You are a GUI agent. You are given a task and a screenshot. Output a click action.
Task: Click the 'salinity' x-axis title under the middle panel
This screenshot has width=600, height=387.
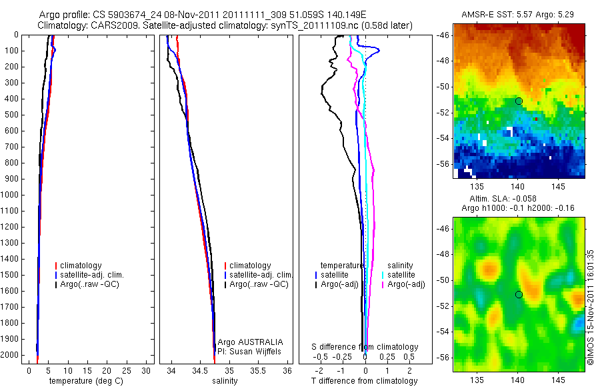pyautogui.click(x=223, y=381)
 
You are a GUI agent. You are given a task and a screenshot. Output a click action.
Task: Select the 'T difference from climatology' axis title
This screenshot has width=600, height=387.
pyautogui.click(x=365, y=381)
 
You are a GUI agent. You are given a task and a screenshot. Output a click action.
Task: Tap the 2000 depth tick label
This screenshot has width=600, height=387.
pyautogui.click(x=11, y=356)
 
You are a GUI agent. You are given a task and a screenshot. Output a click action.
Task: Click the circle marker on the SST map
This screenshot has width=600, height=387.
pyautogui.click(x=519, y=101)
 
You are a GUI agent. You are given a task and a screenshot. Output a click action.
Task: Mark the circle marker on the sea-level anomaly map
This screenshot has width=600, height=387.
pyautogui.click(x=519, y=294)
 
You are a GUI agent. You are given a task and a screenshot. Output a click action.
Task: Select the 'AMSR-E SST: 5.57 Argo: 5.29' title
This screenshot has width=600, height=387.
pyautogui.click(x=519, y=15)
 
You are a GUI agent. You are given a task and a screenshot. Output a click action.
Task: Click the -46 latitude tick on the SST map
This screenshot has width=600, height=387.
pyautogui.click(x=444, y=35)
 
